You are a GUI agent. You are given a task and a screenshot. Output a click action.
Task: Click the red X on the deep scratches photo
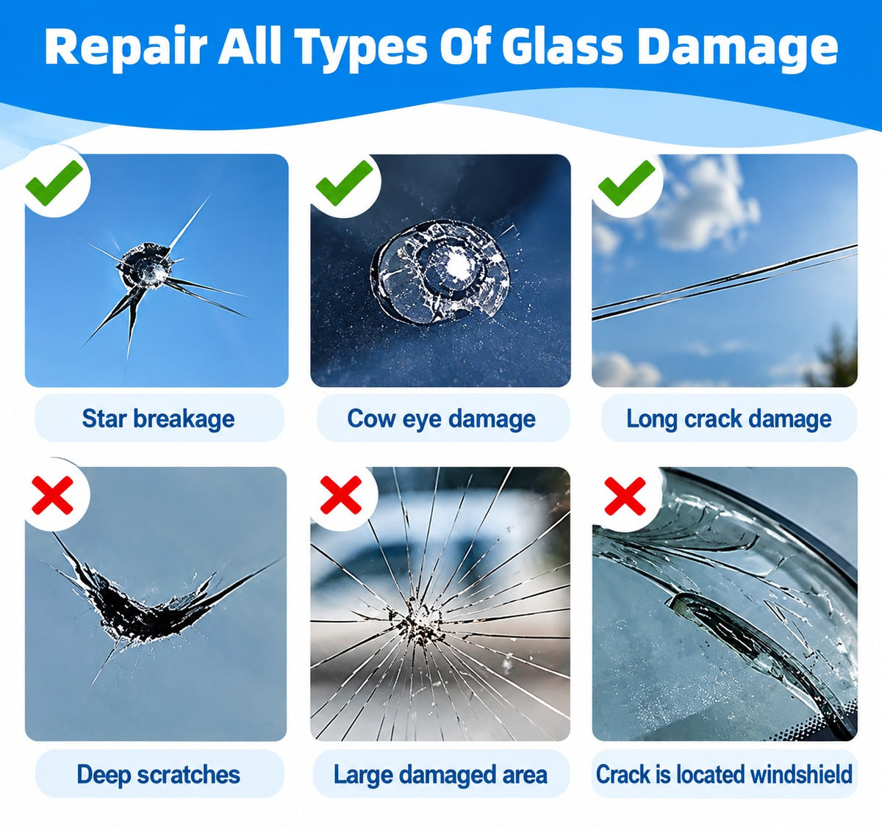(x=52, y=495)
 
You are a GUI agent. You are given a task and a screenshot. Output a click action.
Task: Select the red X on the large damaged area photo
(x=340, y=495)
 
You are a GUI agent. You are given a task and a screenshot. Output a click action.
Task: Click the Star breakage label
(x=159, y=419)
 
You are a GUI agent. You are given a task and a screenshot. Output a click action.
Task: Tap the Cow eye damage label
(x=441, y=419)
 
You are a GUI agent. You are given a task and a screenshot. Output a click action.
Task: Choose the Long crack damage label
(x=729, y=419)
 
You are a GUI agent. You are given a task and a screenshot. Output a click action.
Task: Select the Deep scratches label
(x=159, y=775)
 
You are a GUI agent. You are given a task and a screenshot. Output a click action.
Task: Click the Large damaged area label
(x=440, y=775)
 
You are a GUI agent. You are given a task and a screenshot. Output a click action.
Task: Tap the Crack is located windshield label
(x=724, y=775)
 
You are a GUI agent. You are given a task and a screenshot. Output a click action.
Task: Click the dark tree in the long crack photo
(x=834, y=358)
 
